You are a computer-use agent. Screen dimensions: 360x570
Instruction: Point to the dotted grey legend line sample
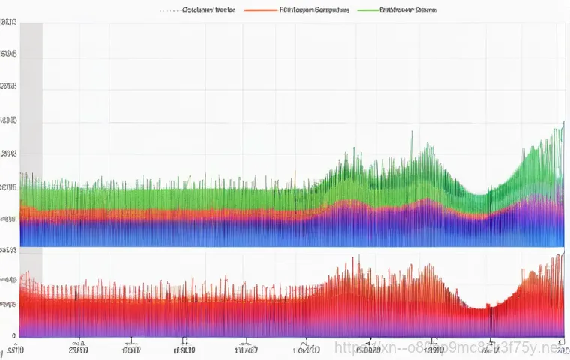pyautogui.click(x=169, y=11)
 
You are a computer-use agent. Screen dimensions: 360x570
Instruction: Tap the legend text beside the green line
pyautogui.click(x=409, y=11)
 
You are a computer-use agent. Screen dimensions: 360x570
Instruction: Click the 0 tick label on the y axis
pyautogui.click(x=13, y=336)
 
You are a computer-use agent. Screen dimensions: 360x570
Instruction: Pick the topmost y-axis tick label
pyautogui.click(x=9, y=23)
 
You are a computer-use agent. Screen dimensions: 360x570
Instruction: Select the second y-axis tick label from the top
pyautogui.click(x=9, y=54)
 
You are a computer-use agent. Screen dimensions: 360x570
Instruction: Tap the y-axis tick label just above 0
pyautogui.click(x=9, y=304)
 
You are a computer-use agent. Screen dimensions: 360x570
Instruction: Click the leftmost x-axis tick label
pyautogui.click(x=15, y=349)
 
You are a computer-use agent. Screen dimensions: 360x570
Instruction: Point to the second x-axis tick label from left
pyautogui.click(x=79, y=349)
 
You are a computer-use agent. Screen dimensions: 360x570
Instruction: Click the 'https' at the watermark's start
pyautogui.click(x=346, y=349)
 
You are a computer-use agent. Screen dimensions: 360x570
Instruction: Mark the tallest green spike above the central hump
pyautogui.click(x=411, y=133)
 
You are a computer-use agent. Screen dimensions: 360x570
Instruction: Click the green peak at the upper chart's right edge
pyautogui.click(x=563, y=123)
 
